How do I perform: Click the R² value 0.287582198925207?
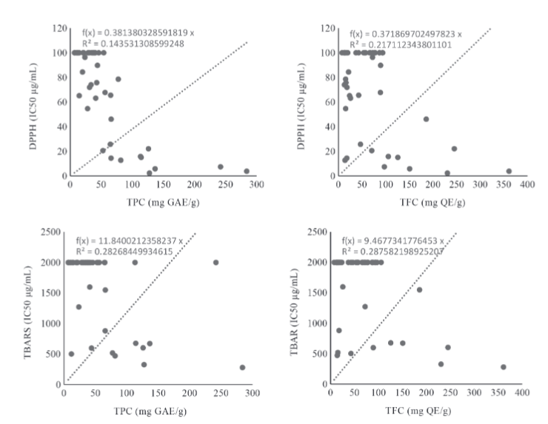(x=401, y=251)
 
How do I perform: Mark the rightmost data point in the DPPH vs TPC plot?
(x=247, y=171)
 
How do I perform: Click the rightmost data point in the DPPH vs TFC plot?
(x=509, y=171)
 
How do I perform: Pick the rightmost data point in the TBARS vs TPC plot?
(x=242, y=367)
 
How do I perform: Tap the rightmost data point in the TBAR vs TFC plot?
(x=503, y=367)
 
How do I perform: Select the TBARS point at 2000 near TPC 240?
(x=215, y=262)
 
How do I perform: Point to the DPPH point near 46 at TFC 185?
(x=426, y=119)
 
